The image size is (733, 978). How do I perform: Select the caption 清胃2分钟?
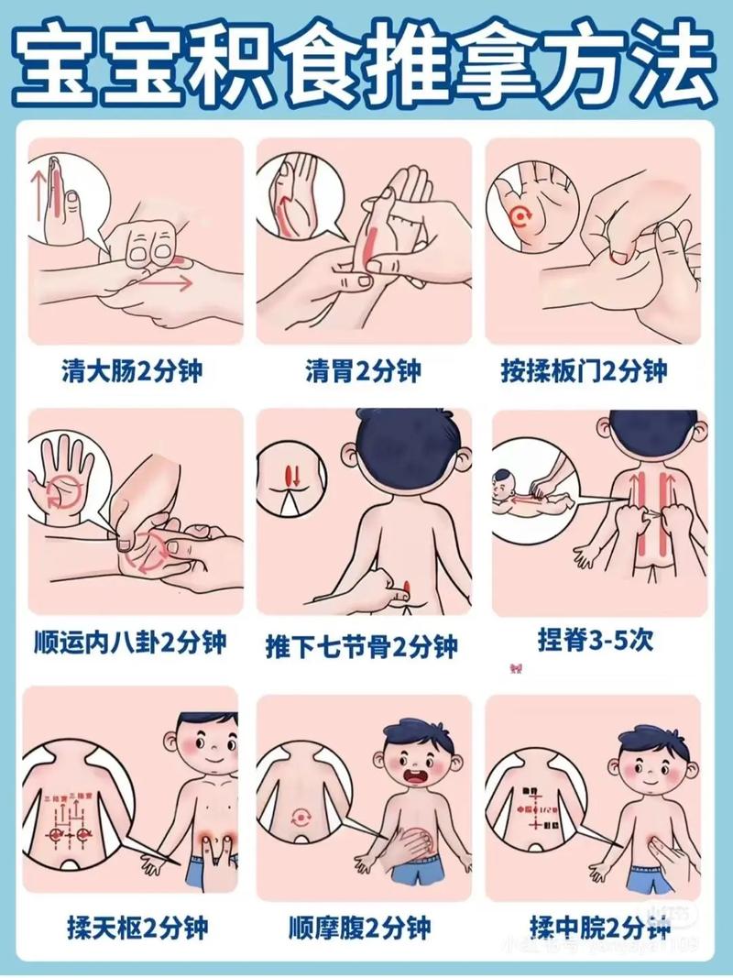(364, 372)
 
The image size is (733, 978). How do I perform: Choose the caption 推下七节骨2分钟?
(364, 646)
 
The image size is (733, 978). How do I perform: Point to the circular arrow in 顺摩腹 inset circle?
(301, 815)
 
